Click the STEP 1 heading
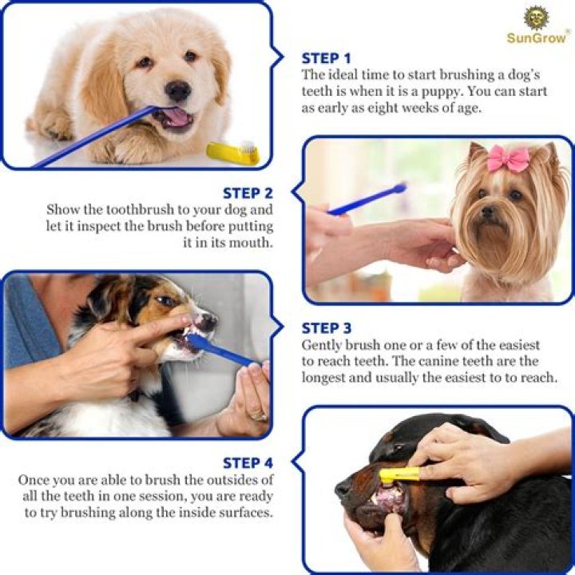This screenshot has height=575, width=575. [x=326, y=58]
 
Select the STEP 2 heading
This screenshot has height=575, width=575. [x=248, y=193]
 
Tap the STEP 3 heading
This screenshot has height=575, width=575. [x=326, y=328]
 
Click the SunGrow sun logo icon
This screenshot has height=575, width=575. [x=536, y=18]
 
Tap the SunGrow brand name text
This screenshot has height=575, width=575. [x=536, y=38]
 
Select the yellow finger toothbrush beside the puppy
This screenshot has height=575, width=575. [x=232, y=152]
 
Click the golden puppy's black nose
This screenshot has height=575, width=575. [x=177, y=90]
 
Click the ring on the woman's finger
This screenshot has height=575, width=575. [x=257, y=416]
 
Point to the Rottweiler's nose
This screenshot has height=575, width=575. [x=343, y=489]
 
